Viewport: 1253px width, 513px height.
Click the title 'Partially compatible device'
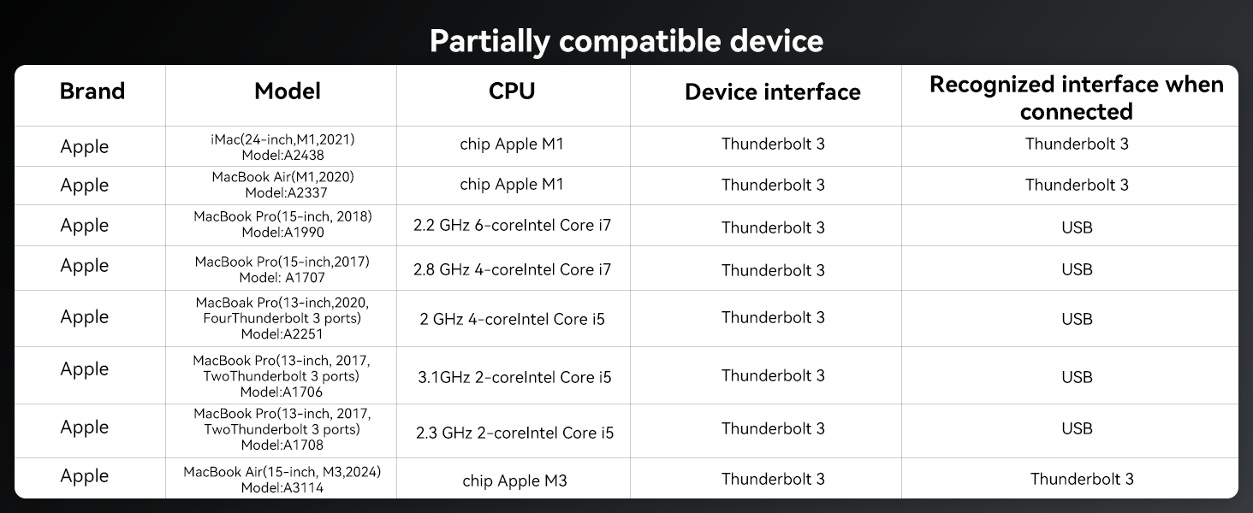(626, 40)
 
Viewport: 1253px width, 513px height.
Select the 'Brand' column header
(92, 91)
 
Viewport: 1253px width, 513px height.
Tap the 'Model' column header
(287, 91)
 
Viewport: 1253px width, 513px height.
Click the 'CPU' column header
(512, 91)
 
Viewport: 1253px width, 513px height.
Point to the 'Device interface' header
(772, 92)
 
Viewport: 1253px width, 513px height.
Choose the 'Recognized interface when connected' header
(1076, 97)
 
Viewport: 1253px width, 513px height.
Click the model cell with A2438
(282, 146)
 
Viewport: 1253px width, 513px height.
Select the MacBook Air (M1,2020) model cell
(282, 185)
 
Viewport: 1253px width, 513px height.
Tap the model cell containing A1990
(282, 225)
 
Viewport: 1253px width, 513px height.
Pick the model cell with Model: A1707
(282, 269)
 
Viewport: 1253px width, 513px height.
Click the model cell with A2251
(282, 318)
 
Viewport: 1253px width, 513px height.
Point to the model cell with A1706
(282, 376)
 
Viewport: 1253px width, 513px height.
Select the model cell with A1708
(282, 428)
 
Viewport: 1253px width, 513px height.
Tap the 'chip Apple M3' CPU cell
(514, 481)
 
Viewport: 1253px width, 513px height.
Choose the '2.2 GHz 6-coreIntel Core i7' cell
(512, 226)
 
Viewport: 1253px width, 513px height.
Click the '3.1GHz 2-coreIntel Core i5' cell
(514, 377)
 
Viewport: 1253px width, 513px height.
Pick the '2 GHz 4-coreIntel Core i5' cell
(512, 319)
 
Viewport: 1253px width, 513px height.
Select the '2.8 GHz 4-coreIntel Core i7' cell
(512, 269)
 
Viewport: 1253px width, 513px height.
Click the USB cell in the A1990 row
(1076, 227)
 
